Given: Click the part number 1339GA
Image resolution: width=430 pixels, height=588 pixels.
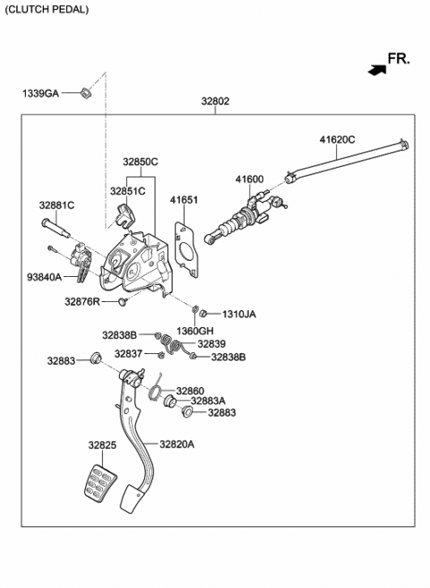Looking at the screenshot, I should coord(40,92).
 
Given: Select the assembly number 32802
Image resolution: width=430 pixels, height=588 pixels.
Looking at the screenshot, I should coord(215,102).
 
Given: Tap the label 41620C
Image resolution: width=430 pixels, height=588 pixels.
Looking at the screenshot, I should coord(337,139).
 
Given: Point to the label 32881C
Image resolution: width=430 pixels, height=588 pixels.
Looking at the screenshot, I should coord(56,205).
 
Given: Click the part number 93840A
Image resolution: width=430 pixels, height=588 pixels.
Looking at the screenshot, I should coord(44,278).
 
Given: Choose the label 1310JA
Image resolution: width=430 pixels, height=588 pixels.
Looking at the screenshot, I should coord(238,315).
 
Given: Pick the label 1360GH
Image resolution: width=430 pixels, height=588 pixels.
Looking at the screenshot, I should coord(195,332).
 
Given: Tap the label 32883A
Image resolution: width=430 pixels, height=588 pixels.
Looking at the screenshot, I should coord(208,401).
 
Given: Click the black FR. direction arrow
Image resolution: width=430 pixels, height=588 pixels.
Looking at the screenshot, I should coord(374,66).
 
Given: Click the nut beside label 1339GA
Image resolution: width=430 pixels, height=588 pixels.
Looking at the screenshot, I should coord(85,91).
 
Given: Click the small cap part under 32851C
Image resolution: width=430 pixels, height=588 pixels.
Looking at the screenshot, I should coord(125,213).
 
